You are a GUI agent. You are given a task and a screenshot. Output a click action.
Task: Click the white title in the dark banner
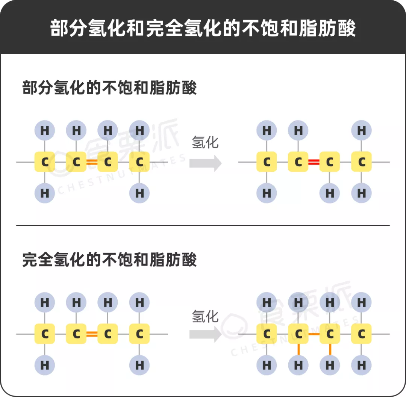pyautogui.click(x=203, y=29)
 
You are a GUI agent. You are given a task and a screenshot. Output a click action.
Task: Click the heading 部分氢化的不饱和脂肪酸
pyautogui.click(x=109, y=89)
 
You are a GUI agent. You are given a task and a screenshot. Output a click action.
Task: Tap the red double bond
pyautogui.click(x=314, y=162)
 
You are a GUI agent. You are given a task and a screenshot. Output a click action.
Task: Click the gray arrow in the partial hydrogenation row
pyautogui.click(x=205, y=163)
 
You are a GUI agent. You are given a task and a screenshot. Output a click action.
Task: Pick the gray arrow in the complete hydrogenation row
pyautogui.click(x=205, y=334)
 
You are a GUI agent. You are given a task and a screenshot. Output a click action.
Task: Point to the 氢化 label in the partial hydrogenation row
pyautogui.click(x=205, y=143)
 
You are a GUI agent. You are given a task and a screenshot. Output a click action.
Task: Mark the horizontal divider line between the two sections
pyautogui.click(x=203, y=226)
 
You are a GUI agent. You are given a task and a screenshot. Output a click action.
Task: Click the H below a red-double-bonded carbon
pyautogui.click(x=330, y=193)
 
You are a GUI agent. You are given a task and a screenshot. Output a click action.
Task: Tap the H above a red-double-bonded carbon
pyautogui.click(x=298, y=131)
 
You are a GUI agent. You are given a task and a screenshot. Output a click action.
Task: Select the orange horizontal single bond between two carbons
pyautogui.click(x=314, y=334)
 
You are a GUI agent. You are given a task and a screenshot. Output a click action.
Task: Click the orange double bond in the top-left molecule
pyautogui.click(x=92, y=162)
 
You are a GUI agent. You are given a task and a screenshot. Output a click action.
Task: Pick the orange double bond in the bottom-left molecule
pyautogui.click(x=92, y=334)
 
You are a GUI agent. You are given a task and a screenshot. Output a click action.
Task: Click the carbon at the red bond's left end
pyautogui.click(x=298, y=162)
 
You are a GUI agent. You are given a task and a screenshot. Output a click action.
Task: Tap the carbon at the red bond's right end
pyautogui.click(x=330, y=162)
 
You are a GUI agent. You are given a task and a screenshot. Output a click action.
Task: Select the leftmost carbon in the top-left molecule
pyautogui.click(x=45, y=162)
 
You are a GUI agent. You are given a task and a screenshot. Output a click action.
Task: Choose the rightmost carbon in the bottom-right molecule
pyautogui.click(x=362, y=334)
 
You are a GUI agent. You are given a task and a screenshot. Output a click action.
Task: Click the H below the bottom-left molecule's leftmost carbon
pyautogui.click(x=45, y=365)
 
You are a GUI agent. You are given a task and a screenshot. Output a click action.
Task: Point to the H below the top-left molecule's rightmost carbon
pyautogui.click(x=139, y=193)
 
